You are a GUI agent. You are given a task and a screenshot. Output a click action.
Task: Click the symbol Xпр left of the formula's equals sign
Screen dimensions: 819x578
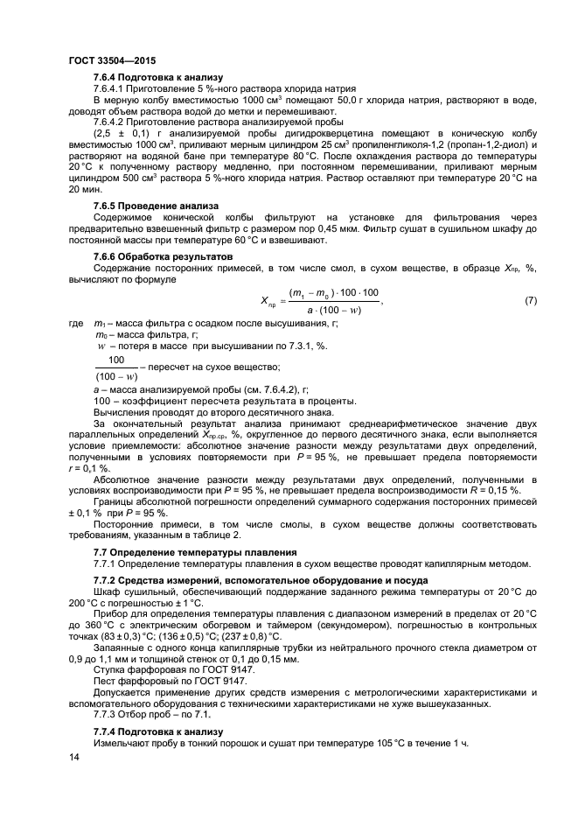[268, 303]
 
